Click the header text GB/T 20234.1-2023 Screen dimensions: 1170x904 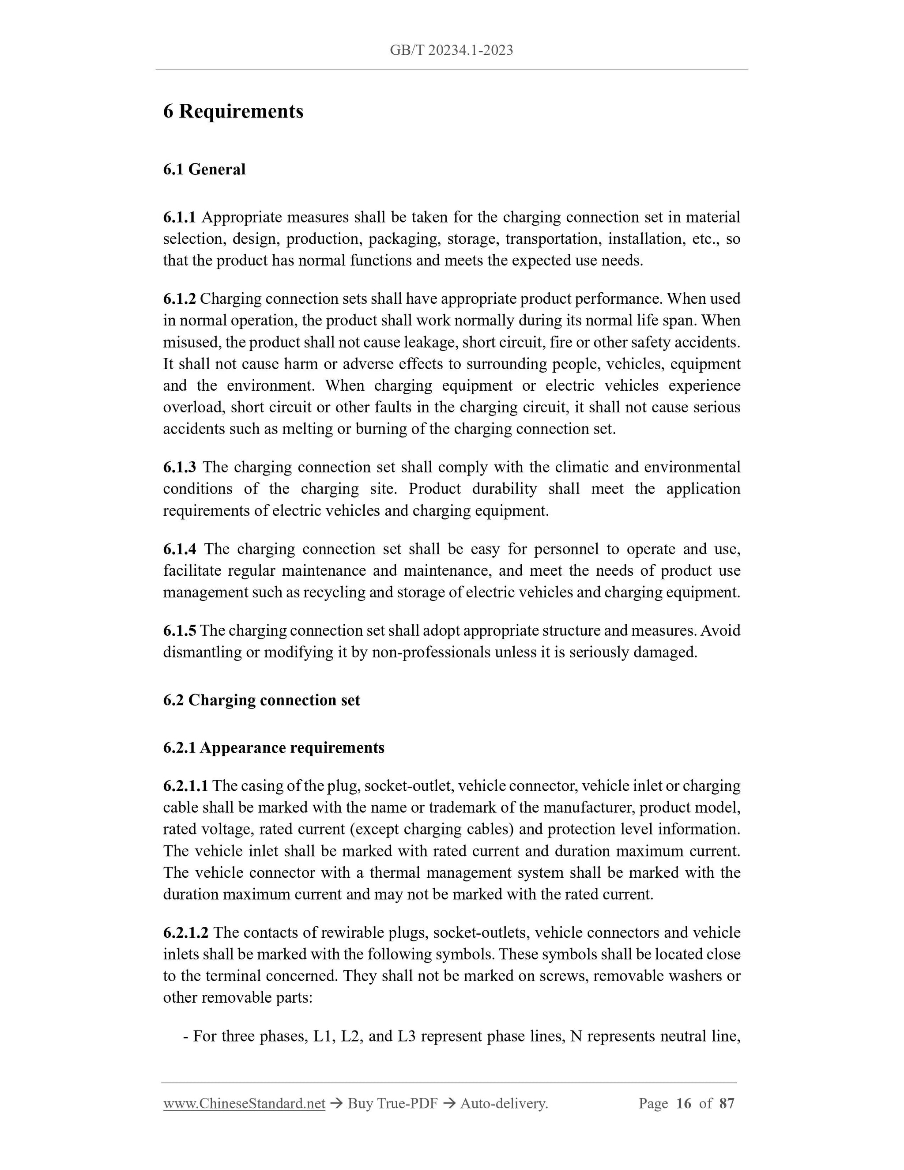451,50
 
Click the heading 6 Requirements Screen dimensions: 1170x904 233,111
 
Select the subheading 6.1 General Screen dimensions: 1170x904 204,169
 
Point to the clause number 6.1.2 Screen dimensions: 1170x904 179,299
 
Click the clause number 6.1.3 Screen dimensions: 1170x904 179,467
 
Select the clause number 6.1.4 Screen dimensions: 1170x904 179,549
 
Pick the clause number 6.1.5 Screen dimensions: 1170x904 179,630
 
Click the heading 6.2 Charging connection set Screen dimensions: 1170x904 261,700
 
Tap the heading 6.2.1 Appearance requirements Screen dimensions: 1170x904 274,748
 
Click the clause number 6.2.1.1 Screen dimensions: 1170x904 185,786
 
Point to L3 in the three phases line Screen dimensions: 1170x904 407,1037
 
